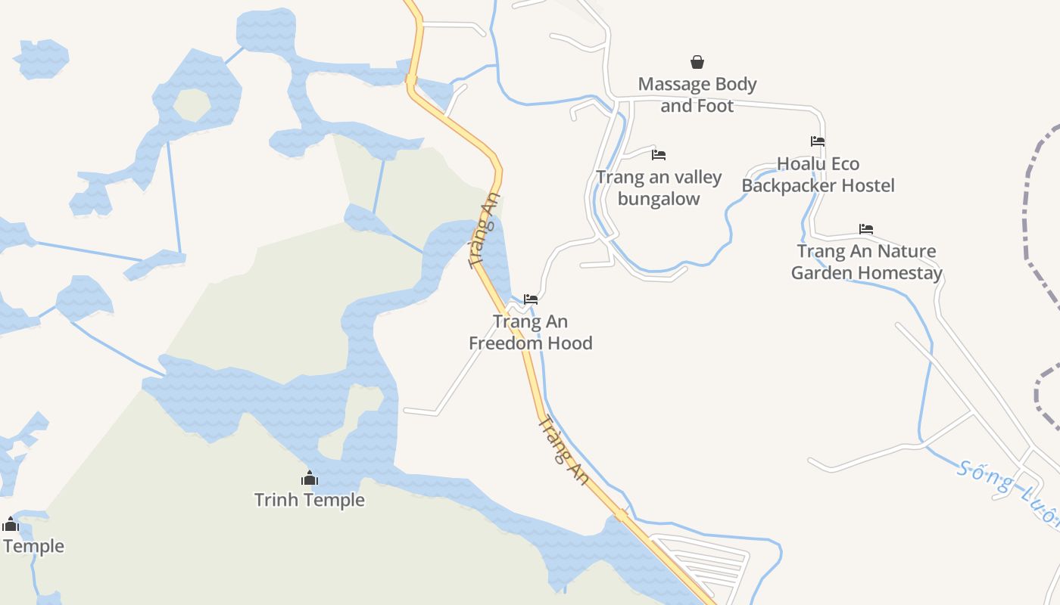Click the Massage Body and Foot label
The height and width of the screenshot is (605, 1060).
click(697, 95)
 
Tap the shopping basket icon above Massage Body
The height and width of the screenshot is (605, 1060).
click(697, 62)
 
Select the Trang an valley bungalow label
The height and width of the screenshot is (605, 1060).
click(659, 188)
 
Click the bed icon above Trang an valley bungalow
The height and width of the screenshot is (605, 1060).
click(659, 155)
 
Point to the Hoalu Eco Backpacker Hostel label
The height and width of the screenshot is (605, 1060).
click(818, 175)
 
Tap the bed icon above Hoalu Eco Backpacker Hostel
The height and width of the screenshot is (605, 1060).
click(818, 141)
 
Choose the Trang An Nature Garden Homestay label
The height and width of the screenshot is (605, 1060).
click(866, 262)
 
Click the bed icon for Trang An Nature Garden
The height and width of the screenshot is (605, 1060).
click(866, 229)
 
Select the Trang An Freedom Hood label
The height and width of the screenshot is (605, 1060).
click(530, 332)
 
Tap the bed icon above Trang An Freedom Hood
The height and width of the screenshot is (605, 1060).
click(530, 299)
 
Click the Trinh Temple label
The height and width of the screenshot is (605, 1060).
click(309, 500)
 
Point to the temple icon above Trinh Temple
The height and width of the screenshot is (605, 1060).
click(309, 478)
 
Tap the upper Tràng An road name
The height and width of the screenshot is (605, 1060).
click(485, 231)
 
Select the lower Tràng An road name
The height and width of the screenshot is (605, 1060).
click(563, 451)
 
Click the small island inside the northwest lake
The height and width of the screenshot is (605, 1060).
click(192, 105)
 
